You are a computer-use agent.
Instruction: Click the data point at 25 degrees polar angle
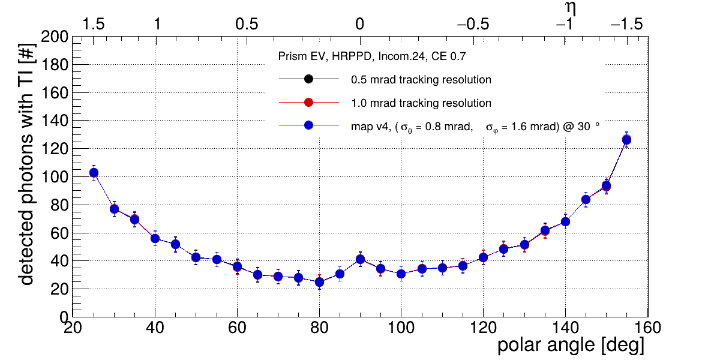tap(94, 173)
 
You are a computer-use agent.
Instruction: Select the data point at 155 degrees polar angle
tap(626, 140)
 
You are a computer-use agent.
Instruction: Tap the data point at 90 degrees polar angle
tap(360, 259)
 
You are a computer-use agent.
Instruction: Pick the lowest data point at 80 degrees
tap(319, 282)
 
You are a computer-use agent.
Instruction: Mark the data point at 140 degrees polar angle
tap(565, 222)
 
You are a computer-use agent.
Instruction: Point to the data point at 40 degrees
tap(155, 238)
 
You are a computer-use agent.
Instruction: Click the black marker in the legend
tap(308, 79)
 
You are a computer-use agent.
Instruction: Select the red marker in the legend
tap(308, 103)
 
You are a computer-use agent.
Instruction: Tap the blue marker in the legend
tap(308, 126)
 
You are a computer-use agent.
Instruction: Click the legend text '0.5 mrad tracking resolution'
tap(421, 80)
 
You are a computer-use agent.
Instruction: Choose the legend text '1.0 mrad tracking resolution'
tap(421, 103)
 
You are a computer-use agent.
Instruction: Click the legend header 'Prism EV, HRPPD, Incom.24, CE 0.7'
tap(372, 56)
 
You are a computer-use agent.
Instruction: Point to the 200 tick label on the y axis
tap(54, 37)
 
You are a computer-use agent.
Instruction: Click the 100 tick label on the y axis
tap(54, 177)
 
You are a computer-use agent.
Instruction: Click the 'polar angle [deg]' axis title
tap(571, 346)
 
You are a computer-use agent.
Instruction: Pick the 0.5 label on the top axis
tap(247, 25)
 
